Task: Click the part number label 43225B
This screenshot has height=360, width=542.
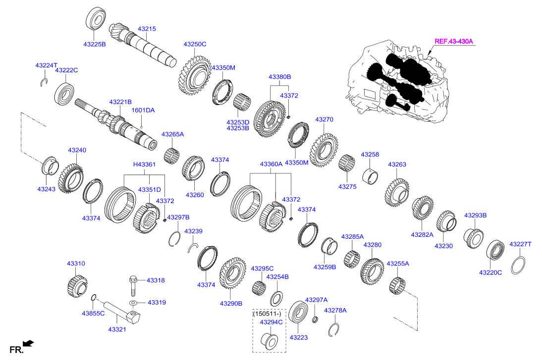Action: click(94, 44)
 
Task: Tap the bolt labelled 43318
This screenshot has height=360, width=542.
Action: click(133, 283)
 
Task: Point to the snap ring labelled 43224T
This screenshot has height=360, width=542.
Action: click(44, 82)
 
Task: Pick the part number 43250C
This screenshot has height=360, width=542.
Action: click(195, 44)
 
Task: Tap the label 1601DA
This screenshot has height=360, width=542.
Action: click(143, 110)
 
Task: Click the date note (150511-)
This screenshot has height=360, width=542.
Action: click(267, 313)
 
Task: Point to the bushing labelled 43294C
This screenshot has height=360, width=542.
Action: click(269, 341)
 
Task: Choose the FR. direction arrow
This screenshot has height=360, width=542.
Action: click(29, 343)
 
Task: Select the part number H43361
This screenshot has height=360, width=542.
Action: click(144, 164)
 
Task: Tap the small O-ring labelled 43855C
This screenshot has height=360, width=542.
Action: click(94, 297)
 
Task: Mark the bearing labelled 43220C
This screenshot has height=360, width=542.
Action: click(495, 251)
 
